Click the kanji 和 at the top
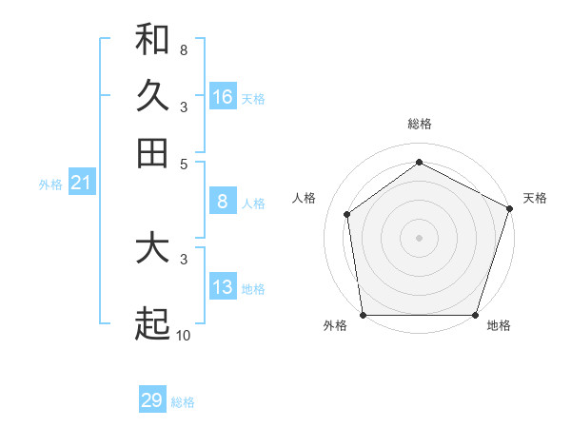click(152, 40)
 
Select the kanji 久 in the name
click(152, 96)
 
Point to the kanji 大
click(152, 249)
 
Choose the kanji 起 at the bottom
click(152, 324)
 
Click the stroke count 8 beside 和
click(183, 49)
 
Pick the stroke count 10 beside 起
click(184, 335)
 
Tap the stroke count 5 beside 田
click(183, 163)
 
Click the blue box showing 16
click(223, 96)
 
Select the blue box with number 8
click(223, 201)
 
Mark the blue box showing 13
click(223, 287)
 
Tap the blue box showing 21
click(81, 183)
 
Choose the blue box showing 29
click(152, 400)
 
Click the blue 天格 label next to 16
click(253, 99)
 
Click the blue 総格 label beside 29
click(183, 403)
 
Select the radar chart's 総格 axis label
click(419, 124)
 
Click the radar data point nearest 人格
click(347, 214)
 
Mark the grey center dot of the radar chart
click(419, 237)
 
